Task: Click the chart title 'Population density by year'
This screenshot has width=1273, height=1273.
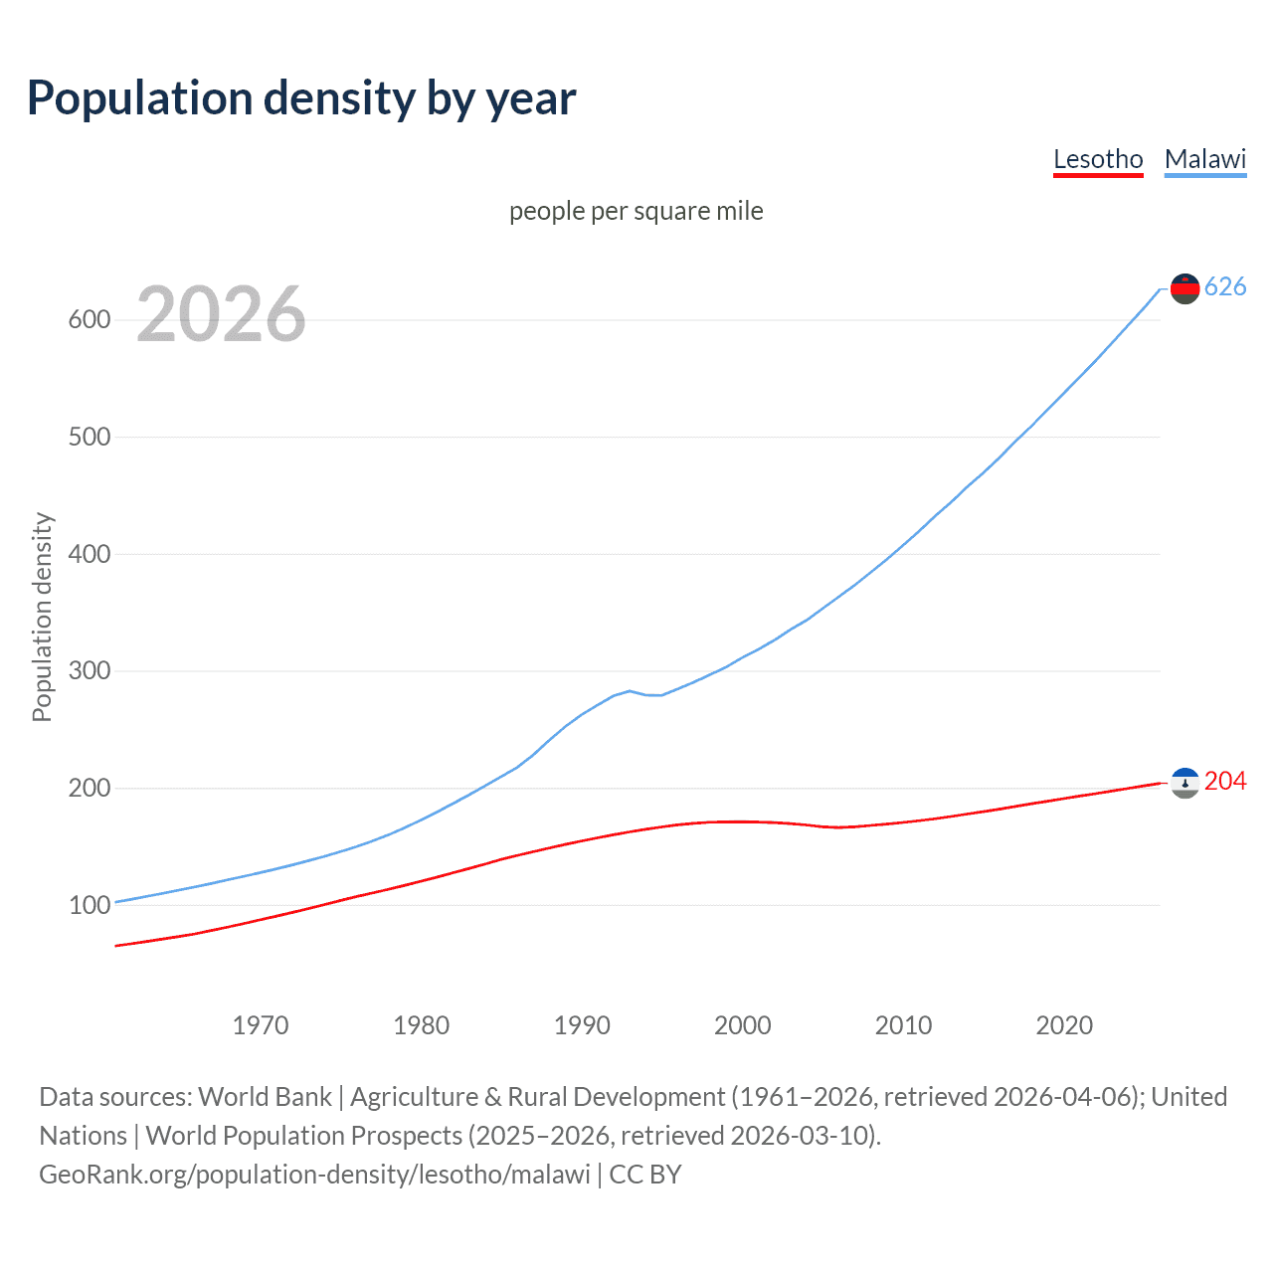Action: (x=301, y=98)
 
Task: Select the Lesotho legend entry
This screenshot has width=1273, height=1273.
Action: (x=1098, y=159)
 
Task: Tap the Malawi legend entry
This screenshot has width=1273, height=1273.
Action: (x=1204, y=159)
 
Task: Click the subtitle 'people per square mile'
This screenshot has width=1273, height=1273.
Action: (x=636, y=211)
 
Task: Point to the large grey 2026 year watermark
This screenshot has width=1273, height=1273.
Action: (x=221, y=314)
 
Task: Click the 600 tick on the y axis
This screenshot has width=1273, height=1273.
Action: (x=89, y=320)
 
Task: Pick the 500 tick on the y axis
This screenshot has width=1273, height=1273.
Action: (x=89, y=438)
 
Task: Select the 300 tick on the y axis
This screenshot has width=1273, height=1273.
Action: (x=89, y=671)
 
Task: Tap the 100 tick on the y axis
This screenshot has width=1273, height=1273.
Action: (x=89, y=905)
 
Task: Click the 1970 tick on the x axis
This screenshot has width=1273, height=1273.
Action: (x=261, y=1025)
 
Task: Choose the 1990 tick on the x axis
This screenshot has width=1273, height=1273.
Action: (x=582, y=1025)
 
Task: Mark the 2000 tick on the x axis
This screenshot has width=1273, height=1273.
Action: (x=743, y=1025)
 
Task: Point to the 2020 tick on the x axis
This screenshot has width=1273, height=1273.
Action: (x=1064, y=1025)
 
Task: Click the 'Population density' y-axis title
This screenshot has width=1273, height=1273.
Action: (x=42, y=617)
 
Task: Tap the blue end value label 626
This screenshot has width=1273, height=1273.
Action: (x=1225, y=287)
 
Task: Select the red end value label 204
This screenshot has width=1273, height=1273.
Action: (x=1225, y=782)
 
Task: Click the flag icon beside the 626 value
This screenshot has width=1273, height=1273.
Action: (x=1184, y=288)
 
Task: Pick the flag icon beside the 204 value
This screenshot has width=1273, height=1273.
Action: (x=1184, y=783)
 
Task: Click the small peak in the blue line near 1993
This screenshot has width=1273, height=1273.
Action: (x=630, y=690)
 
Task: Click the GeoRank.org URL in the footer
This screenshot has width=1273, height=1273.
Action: (x=314, y=1175)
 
